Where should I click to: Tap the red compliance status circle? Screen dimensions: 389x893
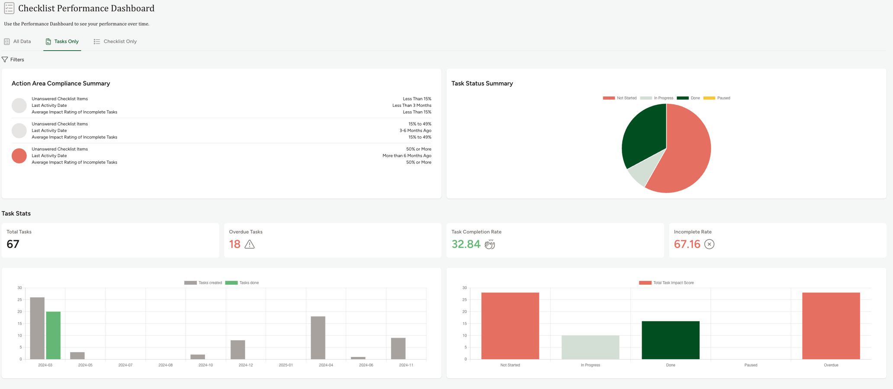point(19,156)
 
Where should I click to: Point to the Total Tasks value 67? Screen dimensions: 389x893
point(13,244)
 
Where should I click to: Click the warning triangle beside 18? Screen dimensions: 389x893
point(250,244)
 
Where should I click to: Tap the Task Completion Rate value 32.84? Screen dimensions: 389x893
point(466,244)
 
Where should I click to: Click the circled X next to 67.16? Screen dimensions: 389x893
point(709,244)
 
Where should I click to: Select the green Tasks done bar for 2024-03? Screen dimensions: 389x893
point(53,335)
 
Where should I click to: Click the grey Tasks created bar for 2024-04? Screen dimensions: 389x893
point(318,338)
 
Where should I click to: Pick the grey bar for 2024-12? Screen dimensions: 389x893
point(238,350)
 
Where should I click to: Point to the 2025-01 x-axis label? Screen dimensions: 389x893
point(286,365)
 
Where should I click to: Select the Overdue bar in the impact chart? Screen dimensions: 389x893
point(831,326)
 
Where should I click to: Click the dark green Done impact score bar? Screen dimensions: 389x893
point(670,340)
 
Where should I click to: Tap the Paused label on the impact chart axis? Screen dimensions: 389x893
point(751,365)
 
